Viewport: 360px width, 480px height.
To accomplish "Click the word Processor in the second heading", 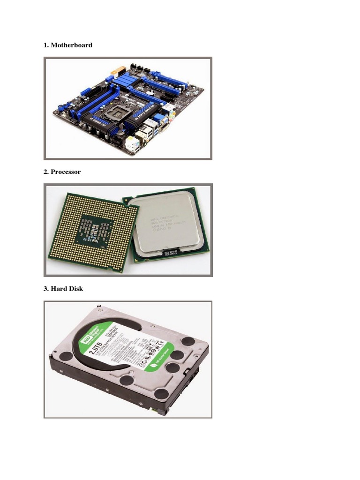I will [66, 172].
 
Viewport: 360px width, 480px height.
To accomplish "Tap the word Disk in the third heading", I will [75, 289].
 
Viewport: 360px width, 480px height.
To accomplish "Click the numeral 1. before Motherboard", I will [46, 45].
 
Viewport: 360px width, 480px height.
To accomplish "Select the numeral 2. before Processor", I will [46, 172].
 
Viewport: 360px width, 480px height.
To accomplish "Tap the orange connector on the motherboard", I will [113, 74].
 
